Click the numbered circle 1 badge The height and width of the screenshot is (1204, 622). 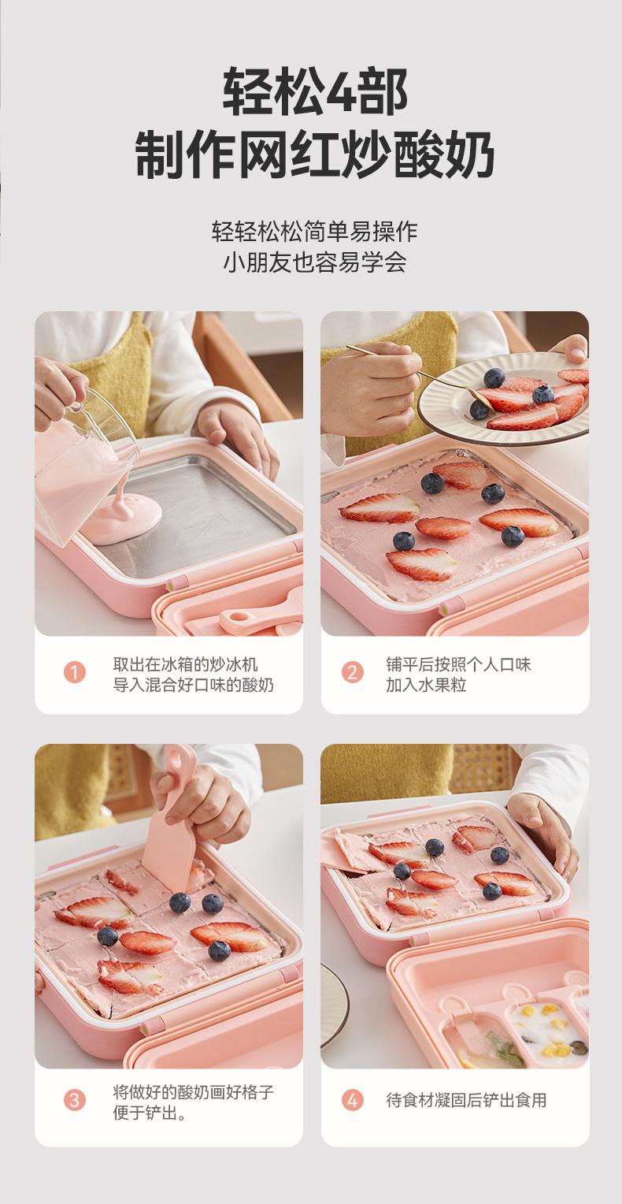75,672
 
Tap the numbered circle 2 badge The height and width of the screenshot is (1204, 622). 353,672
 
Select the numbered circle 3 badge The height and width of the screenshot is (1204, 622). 75,1100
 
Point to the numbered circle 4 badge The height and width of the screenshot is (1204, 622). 353,1100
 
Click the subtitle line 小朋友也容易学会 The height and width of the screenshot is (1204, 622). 315,262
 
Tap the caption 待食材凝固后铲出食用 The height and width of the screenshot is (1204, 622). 466,1100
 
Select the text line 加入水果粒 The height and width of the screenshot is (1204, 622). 426,685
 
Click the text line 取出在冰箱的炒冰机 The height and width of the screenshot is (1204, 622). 185,664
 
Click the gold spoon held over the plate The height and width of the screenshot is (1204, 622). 419,377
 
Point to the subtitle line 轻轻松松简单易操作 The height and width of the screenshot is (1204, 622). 315,231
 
